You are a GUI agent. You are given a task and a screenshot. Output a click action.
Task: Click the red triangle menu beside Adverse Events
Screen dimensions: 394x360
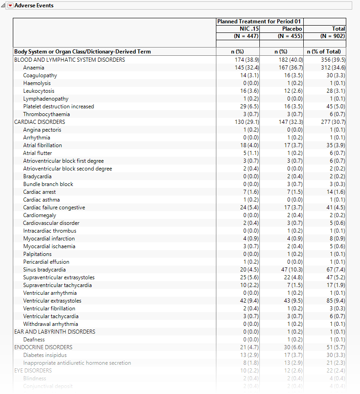[11, 5]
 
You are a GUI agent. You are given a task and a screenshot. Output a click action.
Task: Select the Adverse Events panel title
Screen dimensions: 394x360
[34, 5]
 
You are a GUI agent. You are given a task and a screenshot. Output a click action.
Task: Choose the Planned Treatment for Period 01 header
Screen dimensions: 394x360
[259, 21]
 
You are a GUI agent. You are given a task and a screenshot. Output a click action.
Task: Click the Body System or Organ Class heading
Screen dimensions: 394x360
[82, 52]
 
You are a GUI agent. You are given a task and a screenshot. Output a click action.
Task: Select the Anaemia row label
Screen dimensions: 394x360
[34, 68]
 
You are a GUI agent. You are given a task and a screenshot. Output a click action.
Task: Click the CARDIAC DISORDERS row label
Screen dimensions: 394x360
[39, 122]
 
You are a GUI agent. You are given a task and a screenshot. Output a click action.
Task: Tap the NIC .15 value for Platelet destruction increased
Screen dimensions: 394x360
[247, 106]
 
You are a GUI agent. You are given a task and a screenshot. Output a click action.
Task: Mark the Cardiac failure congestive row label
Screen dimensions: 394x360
[54, 208]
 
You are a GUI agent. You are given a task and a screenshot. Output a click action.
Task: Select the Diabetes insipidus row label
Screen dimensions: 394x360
[45, 355]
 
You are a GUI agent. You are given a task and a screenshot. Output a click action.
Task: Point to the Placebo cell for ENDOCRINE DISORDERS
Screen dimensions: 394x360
[290, 347]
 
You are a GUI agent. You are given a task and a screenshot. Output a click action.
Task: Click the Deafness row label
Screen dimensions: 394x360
[34, 340]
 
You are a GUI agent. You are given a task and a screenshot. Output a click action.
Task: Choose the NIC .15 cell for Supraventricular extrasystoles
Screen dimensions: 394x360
[247, 277]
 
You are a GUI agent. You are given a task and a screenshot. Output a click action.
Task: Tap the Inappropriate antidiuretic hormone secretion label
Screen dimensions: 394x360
[77, 363]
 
